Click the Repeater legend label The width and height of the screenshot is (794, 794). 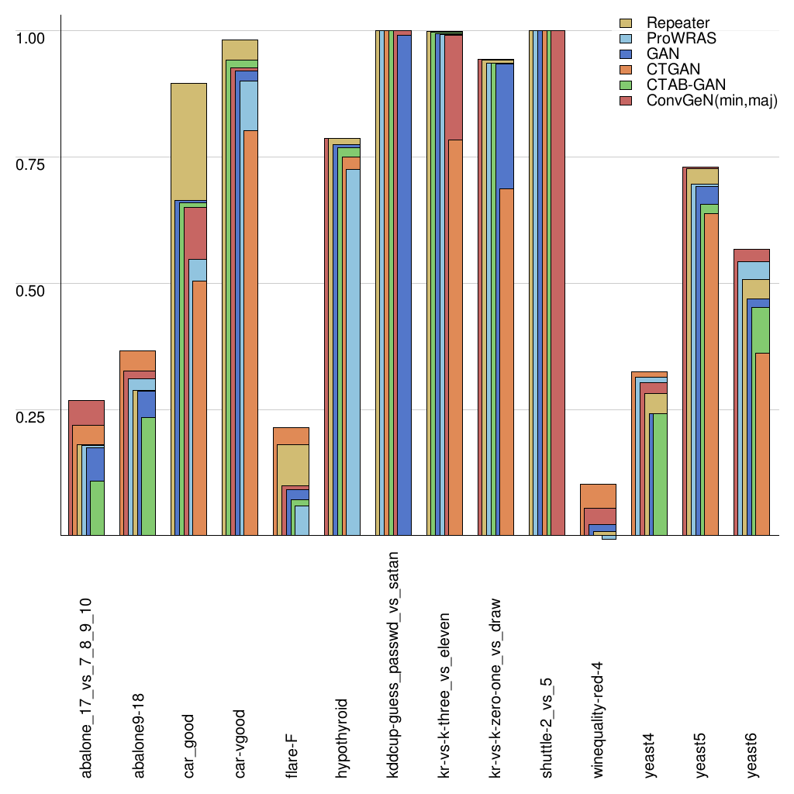678,23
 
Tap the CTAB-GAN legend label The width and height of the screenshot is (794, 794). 686,85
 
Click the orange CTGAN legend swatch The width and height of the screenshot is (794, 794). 627,70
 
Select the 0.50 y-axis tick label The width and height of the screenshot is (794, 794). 32,289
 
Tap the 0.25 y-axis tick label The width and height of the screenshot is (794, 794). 32,416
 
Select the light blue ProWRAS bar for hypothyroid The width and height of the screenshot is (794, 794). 353,349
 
